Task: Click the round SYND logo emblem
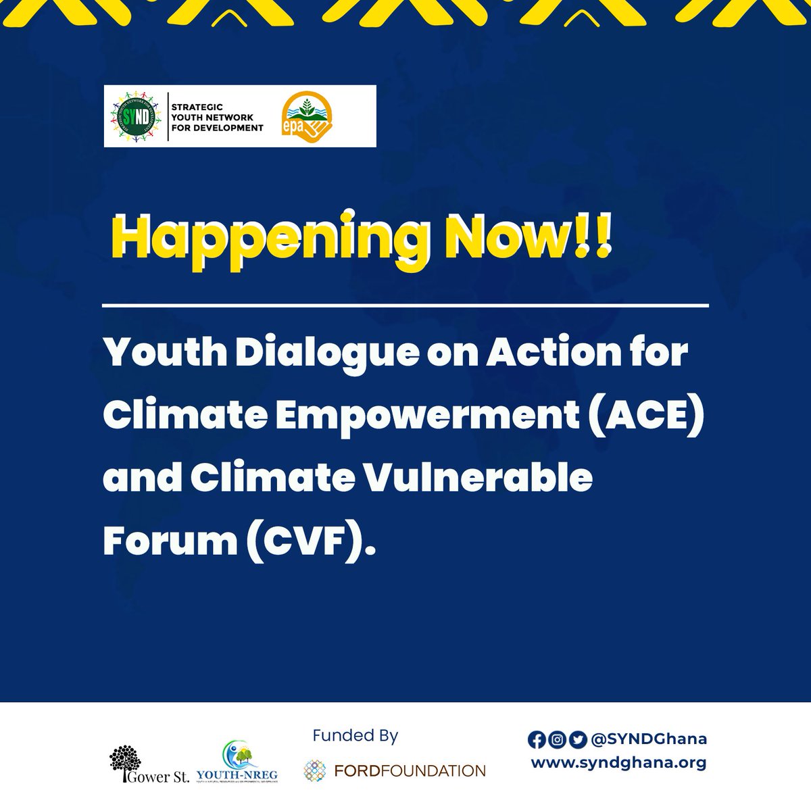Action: point(136,116)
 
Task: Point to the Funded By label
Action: point(355,735)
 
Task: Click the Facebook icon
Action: point(537,740)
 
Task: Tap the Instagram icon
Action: point(557,740)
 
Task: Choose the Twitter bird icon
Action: point(576,740)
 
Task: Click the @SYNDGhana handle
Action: point(648,740)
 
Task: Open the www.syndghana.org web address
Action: point(618,762)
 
